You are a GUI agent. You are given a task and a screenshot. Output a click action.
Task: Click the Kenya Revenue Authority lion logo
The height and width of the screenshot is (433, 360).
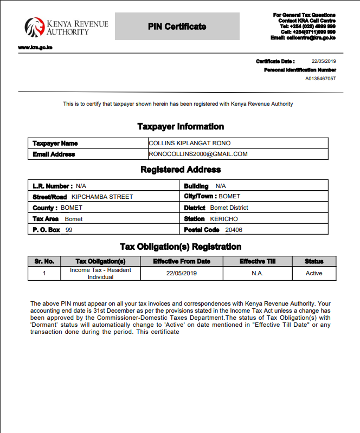pyautogui.click(x=34, y=27)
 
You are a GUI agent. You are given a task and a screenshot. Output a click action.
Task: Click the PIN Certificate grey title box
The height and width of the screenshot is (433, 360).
pyautogui.click(x=177, y=27)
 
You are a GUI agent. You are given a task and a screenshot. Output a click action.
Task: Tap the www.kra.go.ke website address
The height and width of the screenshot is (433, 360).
pyautogui.click(x=35, y=48)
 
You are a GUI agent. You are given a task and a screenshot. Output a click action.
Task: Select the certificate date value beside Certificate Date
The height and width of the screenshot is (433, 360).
pyautogui.click(x=324, y=61)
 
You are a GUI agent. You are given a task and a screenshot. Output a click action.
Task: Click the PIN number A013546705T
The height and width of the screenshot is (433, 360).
pyautogui.click(x=320, y=79)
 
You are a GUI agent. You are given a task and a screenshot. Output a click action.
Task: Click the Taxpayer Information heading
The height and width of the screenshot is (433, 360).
pyautogui.click(x=181, y=127)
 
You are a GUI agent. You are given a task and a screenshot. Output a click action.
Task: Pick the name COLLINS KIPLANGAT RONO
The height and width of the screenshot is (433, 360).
pyautogui.click(x=190, y=143)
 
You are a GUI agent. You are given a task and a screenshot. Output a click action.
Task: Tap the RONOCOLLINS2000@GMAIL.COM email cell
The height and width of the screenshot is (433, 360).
pyautogui.click(x=198, y=154)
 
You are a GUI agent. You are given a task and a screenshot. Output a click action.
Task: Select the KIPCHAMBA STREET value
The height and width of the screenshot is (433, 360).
pyautogui.click(x=102, y=197)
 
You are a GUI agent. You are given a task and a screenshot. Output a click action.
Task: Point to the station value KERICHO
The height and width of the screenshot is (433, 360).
pyautogui.click(x=224, y=219)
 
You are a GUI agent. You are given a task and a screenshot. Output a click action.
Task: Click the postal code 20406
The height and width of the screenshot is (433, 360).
pyautogui.click(x=234, y=230)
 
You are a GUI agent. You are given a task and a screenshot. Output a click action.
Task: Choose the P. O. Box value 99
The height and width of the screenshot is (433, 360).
pyautogui.click(x=69, y=230)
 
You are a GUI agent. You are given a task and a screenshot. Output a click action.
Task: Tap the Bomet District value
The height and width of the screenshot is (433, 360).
pyautogui.click(x=229, y=208)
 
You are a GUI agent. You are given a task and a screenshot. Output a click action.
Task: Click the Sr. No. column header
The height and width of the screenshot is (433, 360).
pyautogui.click(x=44, y=262)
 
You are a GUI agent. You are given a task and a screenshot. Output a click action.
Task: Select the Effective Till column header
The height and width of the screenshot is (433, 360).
pyautogui.click(x=258, y=262)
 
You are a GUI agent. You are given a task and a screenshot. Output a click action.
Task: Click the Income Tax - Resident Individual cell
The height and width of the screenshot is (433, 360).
pyautogui.click(x=100, y=273)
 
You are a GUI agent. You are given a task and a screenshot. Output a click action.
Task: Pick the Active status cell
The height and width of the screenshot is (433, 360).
pyautogui.click(x=314, y=273)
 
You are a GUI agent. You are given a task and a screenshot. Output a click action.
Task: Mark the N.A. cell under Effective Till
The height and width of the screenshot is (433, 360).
pyautogui.click(x=258, y=273)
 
